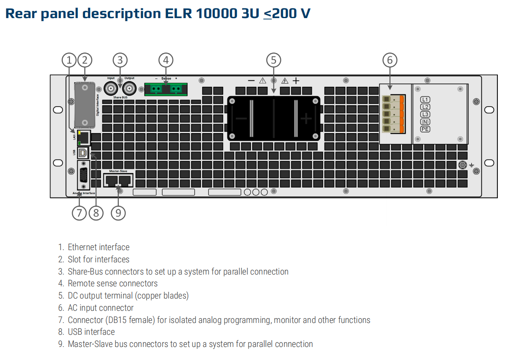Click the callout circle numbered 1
point(69,60)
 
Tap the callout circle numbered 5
point(273,60)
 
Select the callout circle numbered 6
point(390,60)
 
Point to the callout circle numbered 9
point(118,213)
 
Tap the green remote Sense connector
point(166,88)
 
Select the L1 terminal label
point(425,100)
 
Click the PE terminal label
point(425,129)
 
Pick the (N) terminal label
point(425,122)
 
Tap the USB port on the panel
point(83,152)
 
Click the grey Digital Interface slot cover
point(85,105)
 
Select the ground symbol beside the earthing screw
point(472,165)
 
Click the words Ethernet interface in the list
point(99,247)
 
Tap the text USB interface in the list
point(91,332)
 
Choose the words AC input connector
point(101,308)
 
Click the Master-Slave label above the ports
point(118,171)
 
